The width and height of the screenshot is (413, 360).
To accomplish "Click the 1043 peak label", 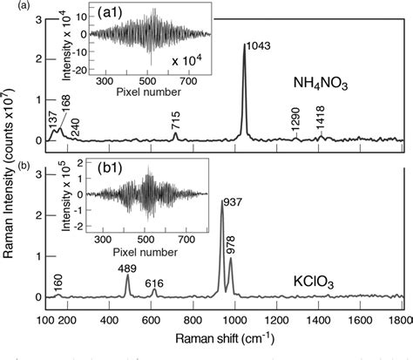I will click(x=259, y=44).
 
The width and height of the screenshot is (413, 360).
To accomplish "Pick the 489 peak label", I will click(x=127, y=268).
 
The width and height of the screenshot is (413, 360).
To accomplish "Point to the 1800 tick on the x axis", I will click(x=399, y=320).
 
